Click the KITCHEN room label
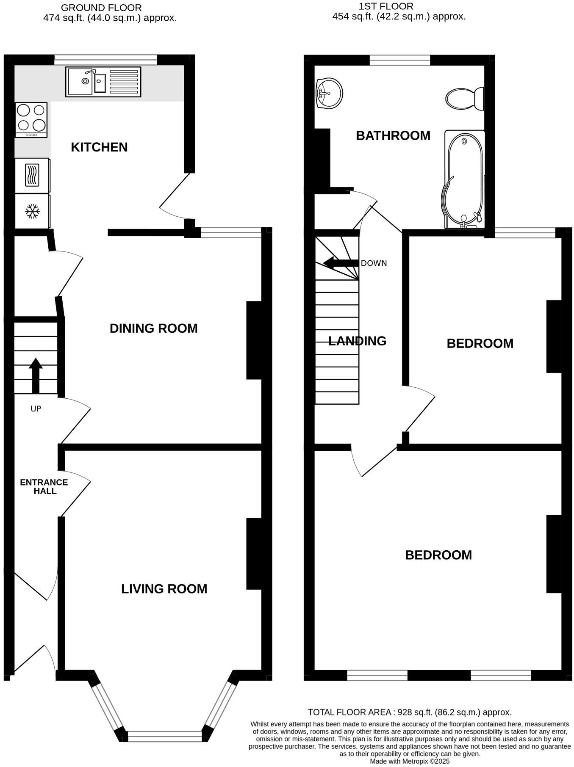(x=99, y=147)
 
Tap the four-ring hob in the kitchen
(x=31, y=120)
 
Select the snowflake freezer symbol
(x=33, y=211)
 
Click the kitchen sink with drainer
(x=103, y=81)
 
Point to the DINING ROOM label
(x=153, y=328)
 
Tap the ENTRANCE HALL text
(x=44, y=487)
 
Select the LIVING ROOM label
(x=164, y=589)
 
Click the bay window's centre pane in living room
(x=164, y=736)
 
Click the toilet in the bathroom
(x=465, y=99)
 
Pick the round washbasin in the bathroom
(x=329, y=93)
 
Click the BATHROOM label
(x=393, y=135)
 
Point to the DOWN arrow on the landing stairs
(x=341, y=263)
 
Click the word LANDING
(x=357, y=341)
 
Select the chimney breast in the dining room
(x=254, y=340)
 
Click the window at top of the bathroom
(x=399, y=61)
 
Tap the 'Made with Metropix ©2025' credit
(x=409, y=761)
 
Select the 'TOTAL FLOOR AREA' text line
(x=409, y=712)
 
